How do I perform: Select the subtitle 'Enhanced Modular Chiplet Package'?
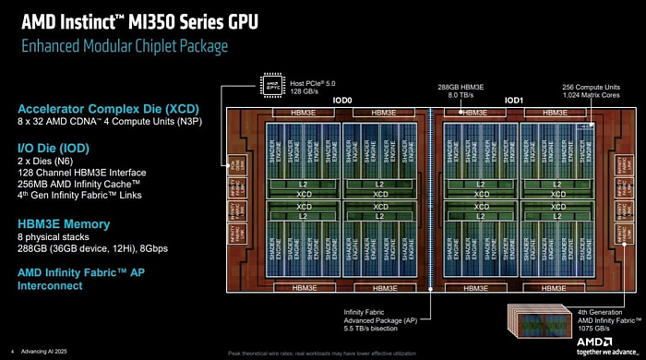click(124, 45)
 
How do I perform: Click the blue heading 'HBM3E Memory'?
click(64, 224)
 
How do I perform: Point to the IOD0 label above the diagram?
click(342, 98)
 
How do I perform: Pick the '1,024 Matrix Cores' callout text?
click(592, 93)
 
